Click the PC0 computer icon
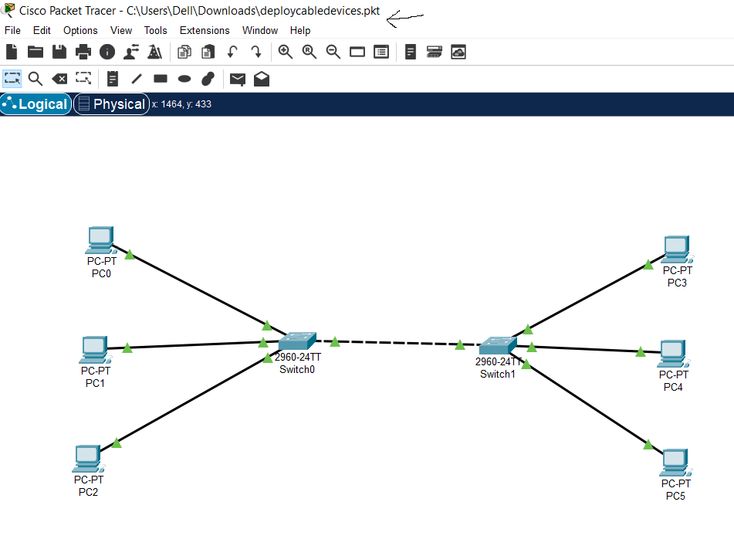click(x=100, y=240)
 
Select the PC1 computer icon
click(x=94, y=350)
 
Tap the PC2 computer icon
click(x=88, y=459)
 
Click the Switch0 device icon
click(x=297, y=341)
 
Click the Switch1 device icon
click(x=497, y=345)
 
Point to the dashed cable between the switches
click(x=397, y=343)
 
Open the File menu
click(x=12, y=30)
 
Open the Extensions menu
click(x=205, y=30)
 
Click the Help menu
click(x=300, y=30)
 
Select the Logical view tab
click(x=36, y=104)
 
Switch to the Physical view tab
click(x=111, y=104)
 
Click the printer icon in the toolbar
click(x=83, y=52)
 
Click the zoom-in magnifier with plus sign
click(x=286, y=52)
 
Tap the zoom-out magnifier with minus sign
click(x=333, y=52)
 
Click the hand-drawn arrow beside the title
click(x=404, y=18)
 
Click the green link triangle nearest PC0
click(x=130, y=254)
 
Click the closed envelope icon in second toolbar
click(x=237, y=79)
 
